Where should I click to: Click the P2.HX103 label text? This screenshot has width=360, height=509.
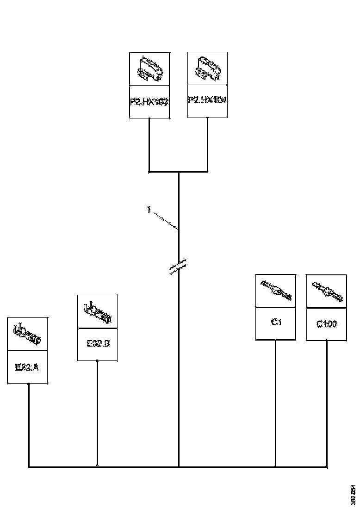coord(149,101)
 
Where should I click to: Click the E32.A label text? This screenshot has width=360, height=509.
coord(27,367)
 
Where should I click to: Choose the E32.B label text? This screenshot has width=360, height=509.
coord(97,344)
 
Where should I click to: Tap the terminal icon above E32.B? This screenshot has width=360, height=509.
coord(97,311)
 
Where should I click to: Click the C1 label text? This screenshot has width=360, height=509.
coord(276,323)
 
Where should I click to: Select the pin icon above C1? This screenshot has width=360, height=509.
coord(276,291)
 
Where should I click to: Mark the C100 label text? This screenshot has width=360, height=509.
coord(327,324)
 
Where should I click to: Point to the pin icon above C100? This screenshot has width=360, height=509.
coord(327,292)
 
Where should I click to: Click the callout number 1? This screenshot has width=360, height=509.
coord(149,210)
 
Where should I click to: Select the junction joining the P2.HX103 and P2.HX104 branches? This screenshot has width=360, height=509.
coord(179,172)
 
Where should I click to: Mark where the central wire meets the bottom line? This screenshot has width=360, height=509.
coord(179,467)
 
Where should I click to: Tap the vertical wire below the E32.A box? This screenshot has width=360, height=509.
coord(29,425)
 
